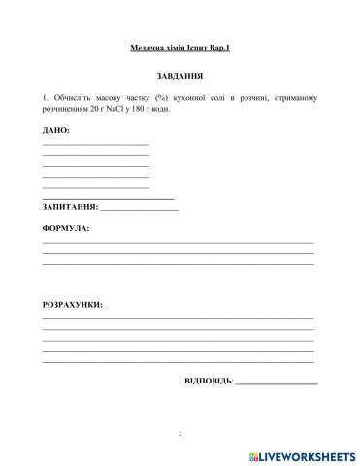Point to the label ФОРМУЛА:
point(66,230)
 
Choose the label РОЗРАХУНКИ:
point(73,305)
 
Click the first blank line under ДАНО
point(96,144)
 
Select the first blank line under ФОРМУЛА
point(179,242)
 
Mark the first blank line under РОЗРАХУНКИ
point(179,318)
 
